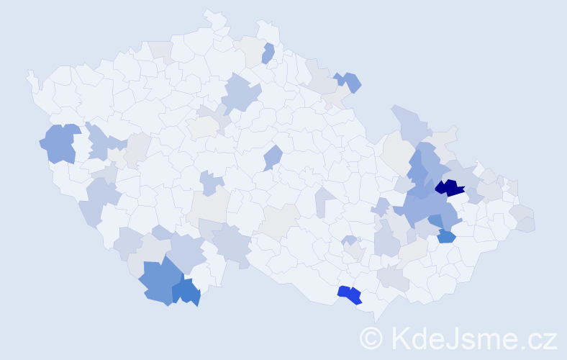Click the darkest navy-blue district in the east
pos(450,188)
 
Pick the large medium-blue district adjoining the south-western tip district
pos(156,281)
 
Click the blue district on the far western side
pos(60,143)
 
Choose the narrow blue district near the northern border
pos(268,53)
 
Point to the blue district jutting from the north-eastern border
pos(350,81)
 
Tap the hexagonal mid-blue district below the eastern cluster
pos(446,236)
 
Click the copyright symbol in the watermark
pos(372,338)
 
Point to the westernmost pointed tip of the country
pos(29,73)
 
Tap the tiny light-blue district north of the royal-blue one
pos(349,240)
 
